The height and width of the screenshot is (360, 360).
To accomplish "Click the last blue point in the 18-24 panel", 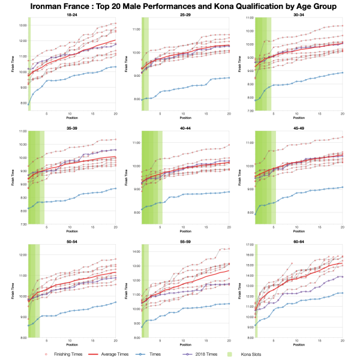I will pos(116,67).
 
